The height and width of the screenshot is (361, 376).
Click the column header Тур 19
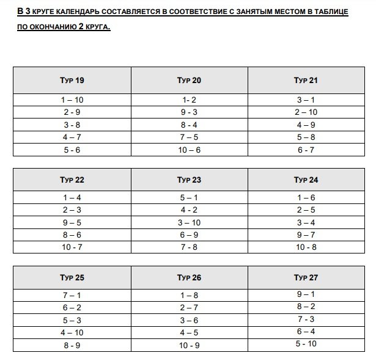(72, 81)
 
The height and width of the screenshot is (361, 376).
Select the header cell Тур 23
(189, 180)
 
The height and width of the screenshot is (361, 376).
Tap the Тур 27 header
(306, 277)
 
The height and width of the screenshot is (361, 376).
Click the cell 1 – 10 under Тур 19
(72, 100)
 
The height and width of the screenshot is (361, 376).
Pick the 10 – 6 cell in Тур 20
(189, 150)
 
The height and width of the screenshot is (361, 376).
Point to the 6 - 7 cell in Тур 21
(306, 150)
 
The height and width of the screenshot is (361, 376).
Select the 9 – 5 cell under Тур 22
(72, 222)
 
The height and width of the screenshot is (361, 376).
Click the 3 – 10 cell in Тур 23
(189, 222)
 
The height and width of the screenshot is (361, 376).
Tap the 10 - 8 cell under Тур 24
(306, 247)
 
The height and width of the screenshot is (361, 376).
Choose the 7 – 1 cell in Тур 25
(72, 296)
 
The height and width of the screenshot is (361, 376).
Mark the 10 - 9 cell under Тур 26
(189, 345)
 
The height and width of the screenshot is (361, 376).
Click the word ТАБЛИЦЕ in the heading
(330, 12)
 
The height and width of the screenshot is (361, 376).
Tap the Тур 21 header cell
(306, 81)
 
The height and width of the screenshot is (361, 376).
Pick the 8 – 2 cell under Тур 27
(306, 307)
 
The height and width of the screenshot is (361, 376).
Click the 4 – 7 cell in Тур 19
(72, 137)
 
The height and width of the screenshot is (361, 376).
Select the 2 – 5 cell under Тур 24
(306, 210)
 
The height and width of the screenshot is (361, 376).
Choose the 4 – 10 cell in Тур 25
(72, 333)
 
